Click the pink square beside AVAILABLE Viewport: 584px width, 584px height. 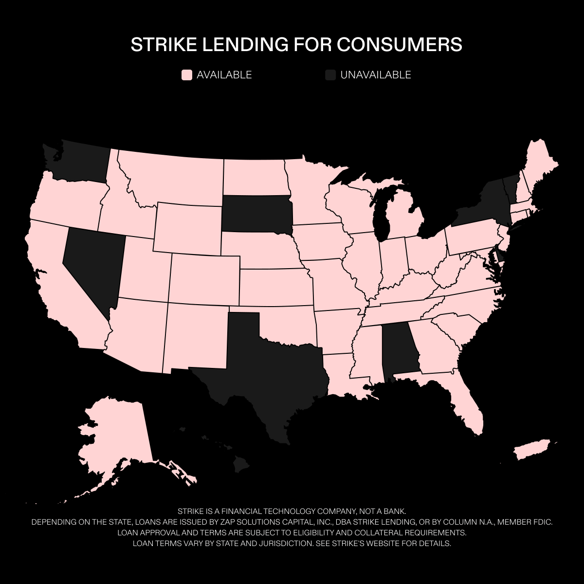pos(187,75)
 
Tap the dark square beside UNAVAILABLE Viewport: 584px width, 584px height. pos(330,75)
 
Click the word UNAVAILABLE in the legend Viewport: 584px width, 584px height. pos(376,75)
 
